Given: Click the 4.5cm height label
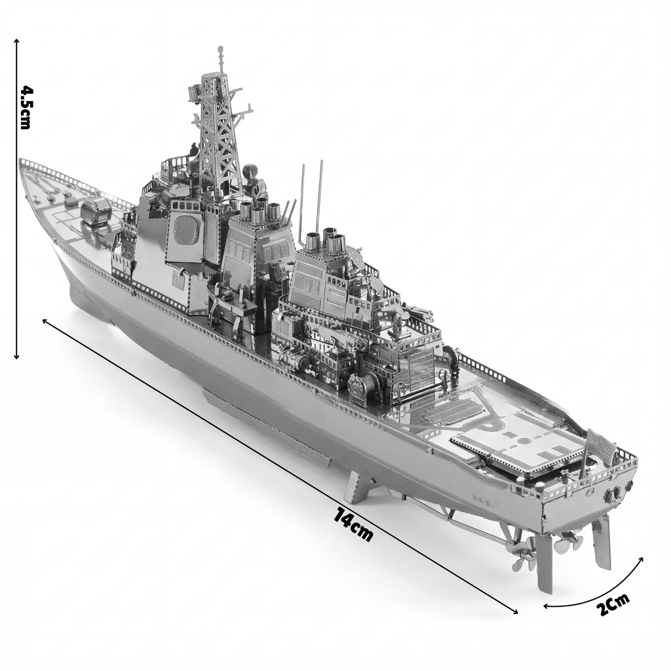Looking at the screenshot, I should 26,107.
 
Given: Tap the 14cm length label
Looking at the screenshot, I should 354,524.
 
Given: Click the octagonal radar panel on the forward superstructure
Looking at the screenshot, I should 187,230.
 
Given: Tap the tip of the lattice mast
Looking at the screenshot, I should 220,50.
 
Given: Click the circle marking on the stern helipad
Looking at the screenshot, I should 524,441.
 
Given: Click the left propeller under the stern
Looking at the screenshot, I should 524,554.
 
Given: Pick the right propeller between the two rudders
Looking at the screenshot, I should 567,541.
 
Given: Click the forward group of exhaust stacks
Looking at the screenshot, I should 259,211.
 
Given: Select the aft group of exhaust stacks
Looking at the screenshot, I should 326,241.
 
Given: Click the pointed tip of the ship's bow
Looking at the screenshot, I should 21,161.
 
